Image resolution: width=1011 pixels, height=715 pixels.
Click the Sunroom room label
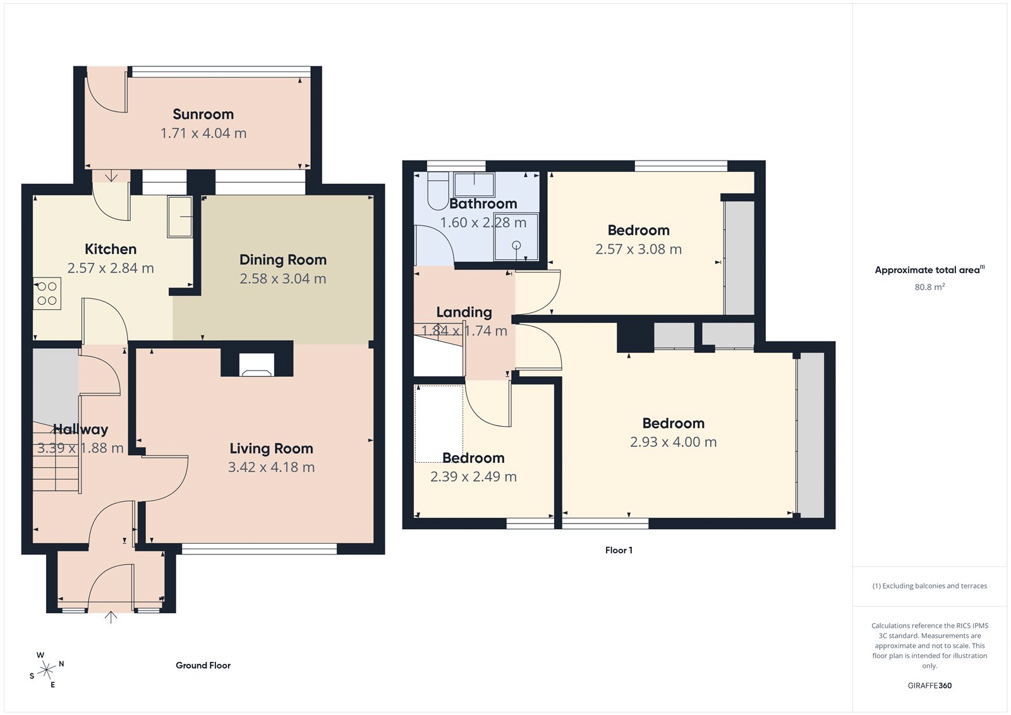point(203,114)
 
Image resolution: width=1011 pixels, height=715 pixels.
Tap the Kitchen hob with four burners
point(47,293)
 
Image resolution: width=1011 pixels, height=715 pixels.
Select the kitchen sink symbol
point(180,217)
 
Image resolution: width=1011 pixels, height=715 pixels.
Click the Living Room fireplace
point(257,365)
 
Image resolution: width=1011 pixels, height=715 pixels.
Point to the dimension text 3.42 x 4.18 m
point(271,467)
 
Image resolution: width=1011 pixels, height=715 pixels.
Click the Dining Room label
point(282,260)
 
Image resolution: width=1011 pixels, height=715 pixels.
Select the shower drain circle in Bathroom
point(516,245)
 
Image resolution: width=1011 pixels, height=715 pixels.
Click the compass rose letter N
point(61,664)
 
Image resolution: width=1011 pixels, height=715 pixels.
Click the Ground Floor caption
point(203,665)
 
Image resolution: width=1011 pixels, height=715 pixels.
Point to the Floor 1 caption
point(618,550)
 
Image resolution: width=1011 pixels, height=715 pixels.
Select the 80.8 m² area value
point(929,287)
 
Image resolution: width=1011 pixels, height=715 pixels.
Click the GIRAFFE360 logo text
point(929,685)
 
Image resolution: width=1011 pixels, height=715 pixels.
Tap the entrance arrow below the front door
point(111,617)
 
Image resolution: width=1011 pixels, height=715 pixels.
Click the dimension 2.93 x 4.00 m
point(673,442)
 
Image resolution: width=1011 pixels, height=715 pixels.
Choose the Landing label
point(464,312)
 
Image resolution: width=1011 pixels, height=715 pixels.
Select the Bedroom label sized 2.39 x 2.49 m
point(473,458)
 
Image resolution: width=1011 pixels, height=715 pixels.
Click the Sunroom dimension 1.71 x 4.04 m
point(203,133)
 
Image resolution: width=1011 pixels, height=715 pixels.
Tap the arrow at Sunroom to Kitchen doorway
point(111,176)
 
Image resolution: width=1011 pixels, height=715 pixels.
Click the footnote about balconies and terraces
point(929,586)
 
